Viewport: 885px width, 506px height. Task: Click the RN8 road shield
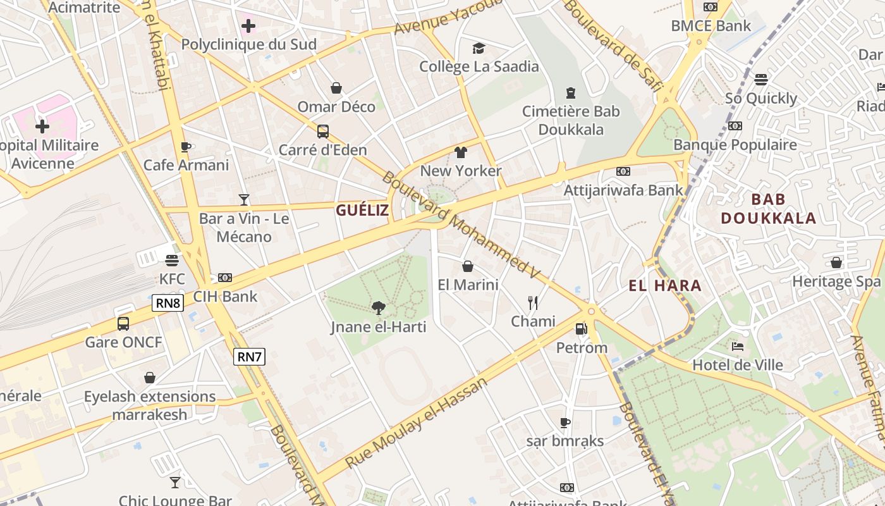pyautogui.click(x=168, y=303)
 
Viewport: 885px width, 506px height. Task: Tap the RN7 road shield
pyautogui.click(x=249, y=357)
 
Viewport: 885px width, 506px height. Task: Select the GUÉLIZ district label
pyautogui.click(x=362, y=211)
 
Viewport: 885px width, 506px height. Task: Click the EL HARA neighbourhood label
pyautogui.click(x=665, y=285)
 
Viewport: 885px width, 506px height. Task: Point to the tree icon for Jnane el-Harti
pyautogui.click(x=379, y=308)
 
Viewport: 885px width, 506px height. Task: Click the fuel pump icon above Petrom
pyautogui.click(x=581, y=329)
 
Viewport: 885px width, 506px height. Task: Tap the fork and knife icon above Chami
pyautogui.click(x=533, y=303)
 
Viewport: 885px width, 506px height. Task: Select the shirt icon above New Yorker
pyautogui.click(x=460, y=152)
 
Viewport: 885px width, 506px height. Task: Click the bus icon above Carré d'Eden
pyautogui.click(x=323, y=132)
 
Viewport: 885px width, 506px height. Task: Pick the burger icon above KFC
pyautogui.click(x=172, y=260)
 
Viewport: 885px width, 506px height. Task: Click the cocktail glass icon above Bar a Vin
pyautogui.click(x=244, y=200)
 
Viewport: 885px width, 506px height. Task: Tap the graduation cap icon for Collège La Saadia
pyautogui.click(x=479, y=48)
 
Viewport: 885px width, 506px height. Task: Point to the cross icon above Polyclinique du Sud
pyautogui.click(x=248, y=26)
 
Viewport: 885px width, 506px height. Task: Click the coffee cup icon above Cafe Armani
pyautogui.click(x=185, y=147)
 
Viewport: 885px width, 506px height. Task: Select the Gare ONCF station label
pyautogui.click(x=124, y=342)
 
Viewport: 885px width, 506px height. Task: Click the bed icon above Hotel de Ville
pyautogui.click(x=737, y=346)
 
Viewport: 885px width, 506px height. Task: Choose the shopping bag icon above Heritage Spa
pyautogui.click(x=836, y=262)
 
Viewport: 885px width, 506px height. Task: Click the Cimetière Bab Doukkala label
pyautogui.click(x=571, y=120)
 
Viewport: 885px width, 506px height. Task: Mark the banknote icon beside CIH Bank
pyautogui.click(x=225, y=278)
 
